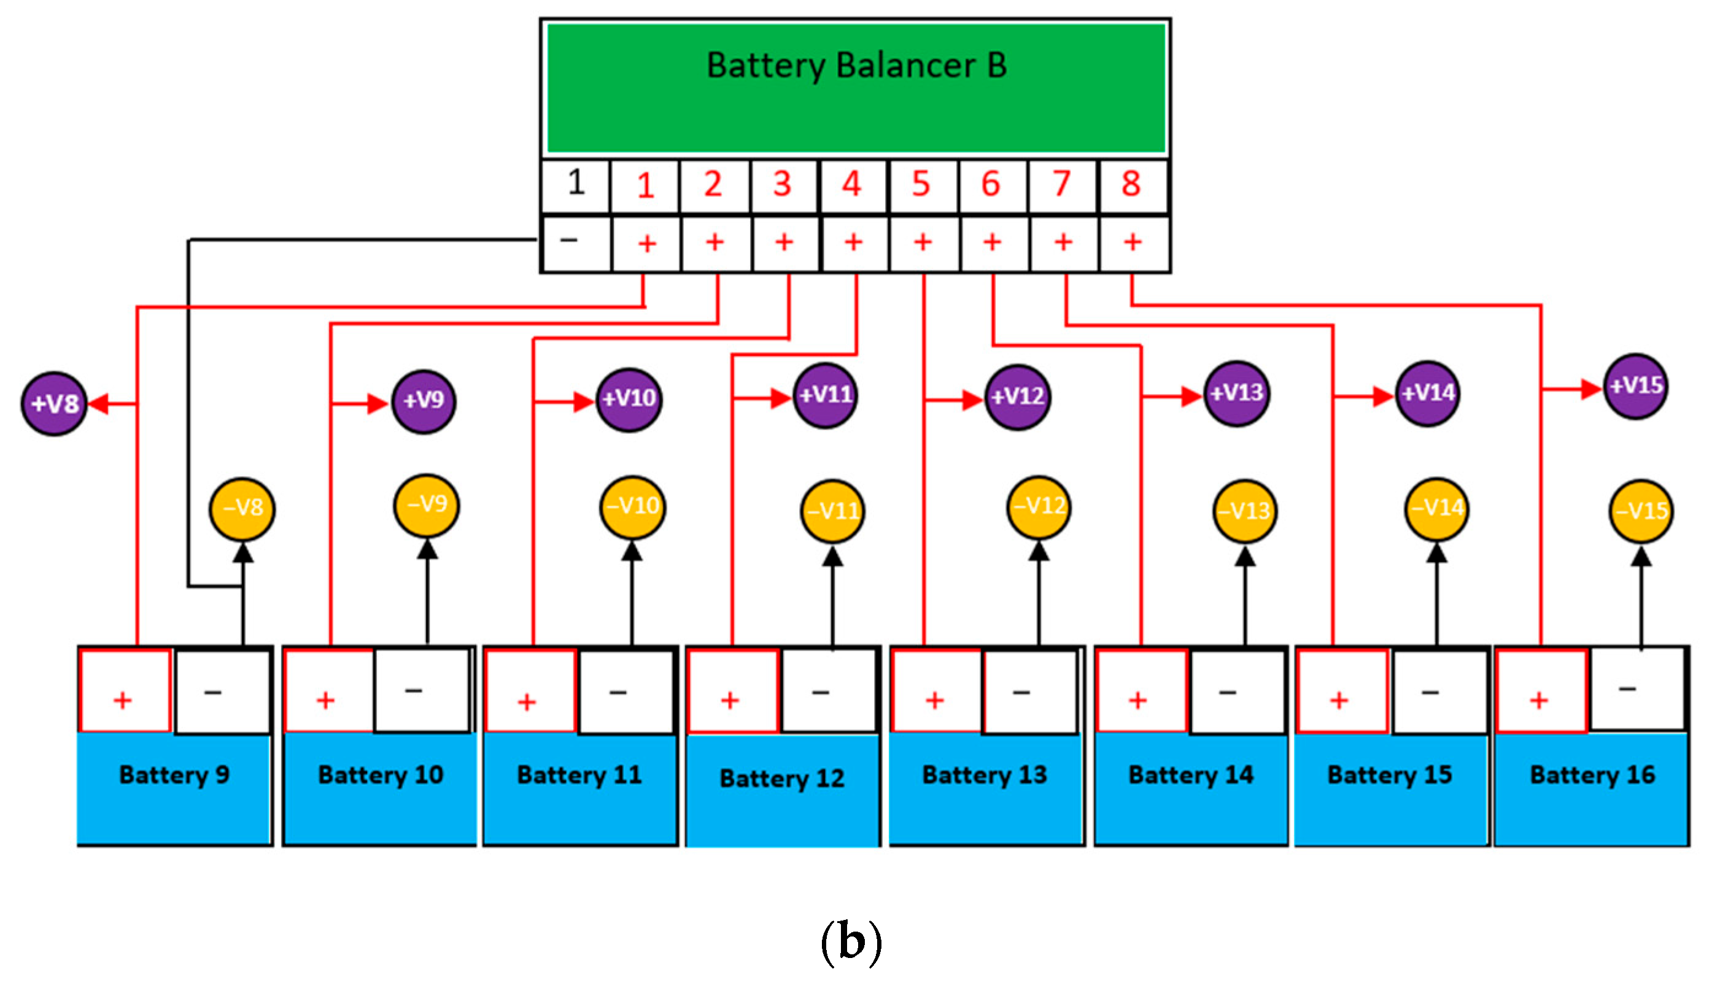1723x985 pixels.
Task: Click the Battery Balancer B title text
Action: point(856,66)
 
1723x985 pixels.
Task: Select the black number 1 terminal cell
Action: point(576,184)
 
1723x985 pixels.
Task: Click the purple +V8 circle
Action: point(54,404)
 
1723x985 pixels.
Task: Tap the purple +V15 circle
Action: point(1636,386)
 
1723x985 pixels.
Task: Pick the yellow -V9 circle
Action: point(426,504)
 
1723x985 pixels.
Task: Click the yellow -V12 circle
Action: point(1039,506)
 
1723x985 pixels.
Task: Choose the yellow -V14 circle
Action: point(1437,508)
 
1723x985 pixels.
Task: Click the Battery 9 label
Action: point(174,775)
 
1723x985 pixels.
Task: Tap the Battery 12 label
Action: point(782,779)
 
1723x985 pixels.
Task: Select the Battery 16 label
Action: point(1592,775)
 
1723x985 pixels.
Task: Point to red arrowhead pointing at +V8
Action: point(98,404)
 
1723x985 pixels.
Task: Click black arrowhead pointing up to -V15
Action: point(1641,557)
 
